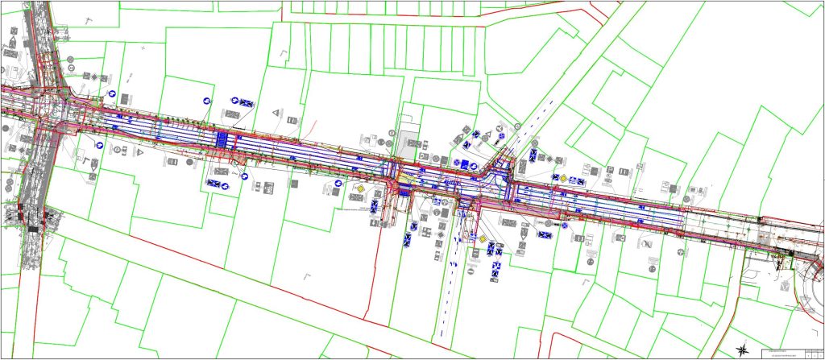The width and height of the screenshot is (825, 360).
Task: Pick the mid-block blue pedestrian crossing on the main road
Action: (223, 139)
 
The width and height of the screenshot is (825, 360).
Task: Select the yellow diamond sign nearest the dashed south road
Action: (482, 239)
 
